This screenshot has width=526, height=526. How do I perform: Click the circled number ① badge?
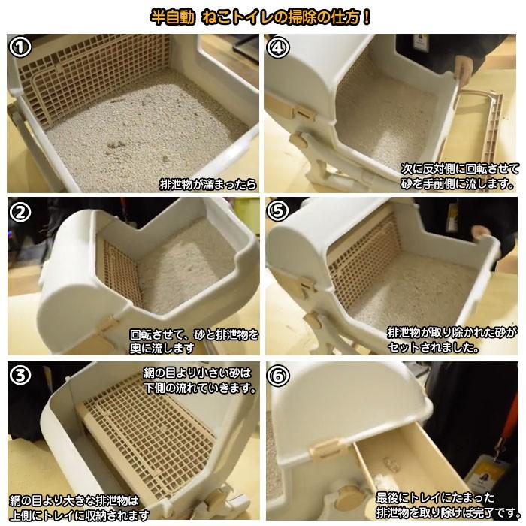point(20,47)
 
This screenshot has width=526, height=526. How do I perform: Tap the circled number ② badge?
point(20,212)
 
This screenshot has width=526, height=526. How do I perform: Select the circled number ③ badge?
point(20,375)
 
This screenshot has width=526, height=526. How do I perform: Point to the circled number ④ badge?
point(278,47)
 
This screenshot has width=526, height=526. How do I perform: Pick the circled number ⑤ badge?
point(278,211)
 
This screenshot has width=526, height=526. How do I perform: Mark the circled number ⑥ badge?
point(278,375)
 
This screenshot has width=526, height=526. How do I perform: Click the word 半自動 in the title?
point(172,17)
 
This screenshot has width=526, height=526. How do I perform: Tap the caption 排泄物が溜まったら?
point(208,184)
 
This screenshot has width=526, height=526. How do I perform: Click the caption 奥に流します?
point(162,348)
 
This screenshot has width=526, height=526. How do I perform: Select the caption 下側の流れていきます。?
point(201,388)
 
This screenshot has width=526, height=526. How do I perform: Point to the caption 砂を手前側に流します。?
point(458,183)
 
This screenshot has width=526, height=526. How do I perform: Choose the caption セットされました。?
point(434,347)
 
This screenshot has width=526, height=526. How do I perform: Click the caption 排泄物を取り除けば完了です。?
point(448,512)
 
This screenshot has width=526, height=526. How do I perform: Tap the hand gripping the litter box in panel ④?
point(464,69)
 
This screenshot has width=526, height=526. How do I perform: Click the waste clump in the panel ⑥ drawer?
point(391,464)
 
